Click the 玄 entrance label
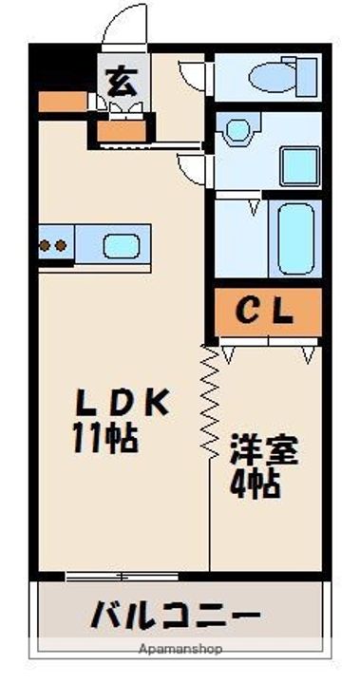click(121, 80)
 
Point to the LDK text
click(123, 403)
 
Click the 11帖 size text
click(104, 438)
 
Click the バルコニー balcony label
click(175, 615)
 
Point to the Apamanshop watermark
click(181, 650)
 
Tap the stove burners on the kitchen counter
click(53, 245)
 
